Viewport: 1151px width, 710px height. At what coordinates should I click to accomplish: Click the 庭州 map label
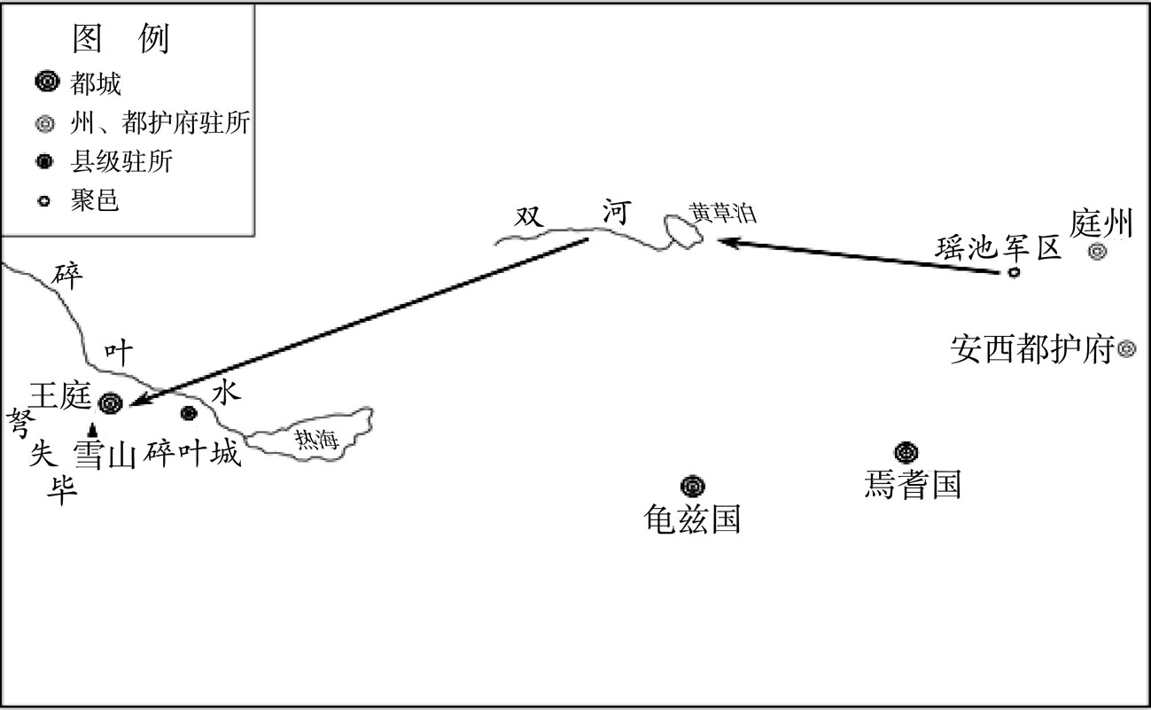point(1101,223)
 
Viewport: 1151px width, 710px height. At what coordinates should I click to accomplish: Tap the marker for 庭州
point(1097,252)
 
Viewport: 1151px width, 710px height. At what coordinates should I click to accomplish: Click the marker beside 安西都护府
point(1127,349)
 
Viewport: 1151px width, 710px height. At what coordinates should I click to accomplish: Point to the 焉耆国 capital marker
point(906,452)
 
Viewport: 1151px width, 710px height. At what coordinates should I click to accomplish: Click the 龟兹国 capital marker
point(693,487)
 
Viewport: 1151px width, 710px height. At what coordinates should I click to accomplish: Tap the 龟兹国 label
point(692,519)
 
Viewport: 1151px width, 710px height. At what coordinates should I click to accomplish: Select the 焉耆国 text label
point(913,484)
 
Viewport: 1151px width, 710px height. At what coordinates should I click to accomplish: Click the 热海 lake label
point(316,440)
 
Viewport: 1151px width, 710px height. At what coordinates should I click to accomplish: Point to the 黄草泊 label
point(723,213)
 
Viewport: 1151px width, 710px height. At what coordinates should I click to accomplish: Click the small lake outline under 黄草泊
point(683,232)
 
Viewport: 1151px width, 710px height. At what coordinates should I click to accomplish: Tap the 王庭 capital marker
point(111,403)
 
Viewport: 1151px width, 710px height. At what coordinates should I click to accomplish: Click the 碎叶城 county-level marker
point(189,413)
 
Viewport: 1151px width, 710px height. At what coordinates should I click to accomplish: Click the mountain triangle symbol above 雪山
point(92,431)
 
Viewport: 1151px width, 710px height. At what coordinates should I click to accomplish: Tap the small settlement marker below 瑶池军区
point(1014,272)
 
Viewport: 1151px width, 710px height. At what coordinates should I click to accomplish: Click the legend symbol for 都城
point(47,82)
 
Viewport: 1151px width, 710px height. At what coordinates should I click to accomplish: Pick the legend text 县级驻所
point(121,162)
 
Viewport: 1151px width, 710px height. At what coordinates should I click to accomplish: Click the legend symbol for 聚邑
point(44,201)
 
